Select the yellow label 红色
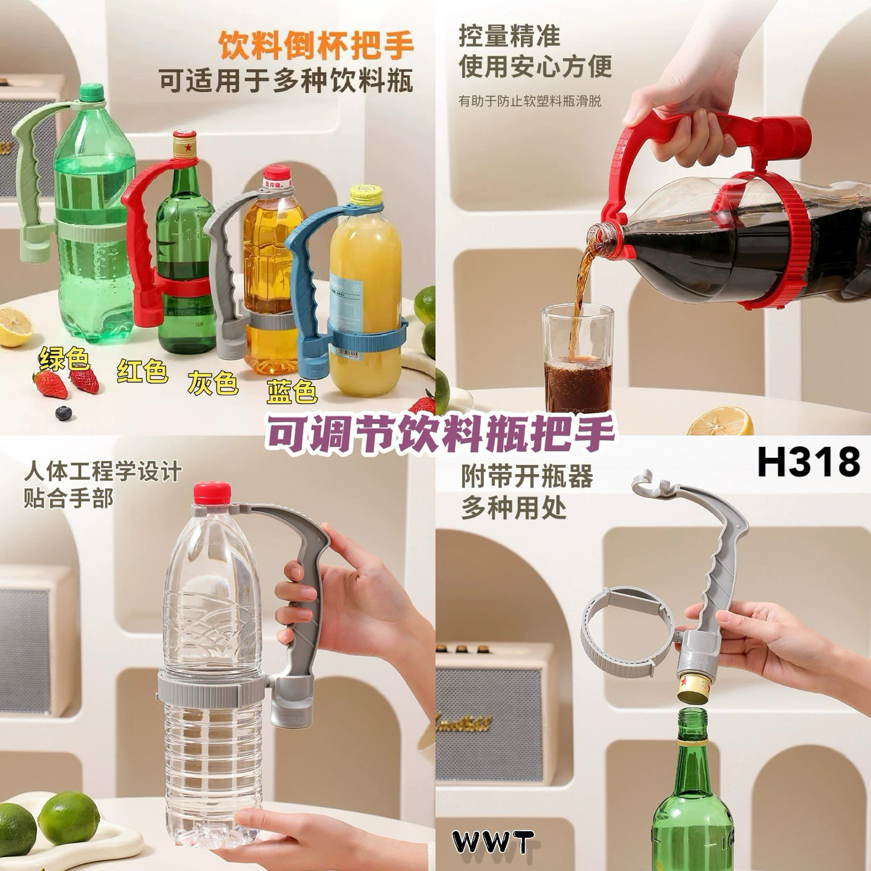pyautogui.click(x=142, y=371)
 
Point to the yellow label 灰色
pyautogui.click(x=212, y=382)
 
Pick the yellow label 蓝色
pyautogui.click(x=292, y=391)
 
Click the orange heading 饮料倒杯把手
pyautogui.click(x=316, y=46)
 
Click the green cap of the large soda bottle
pyautogui.click(x=92, y=92)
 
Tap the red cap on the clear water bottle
pyautogui.click(x=212, y=492)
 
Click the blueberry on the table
pyautogui.click(x=63, y=413)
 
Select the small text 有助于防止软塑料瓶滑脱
pyautogui.click(x=530, y=101)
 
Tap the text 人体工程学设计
pyautogui.click(x=103, y=471)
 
